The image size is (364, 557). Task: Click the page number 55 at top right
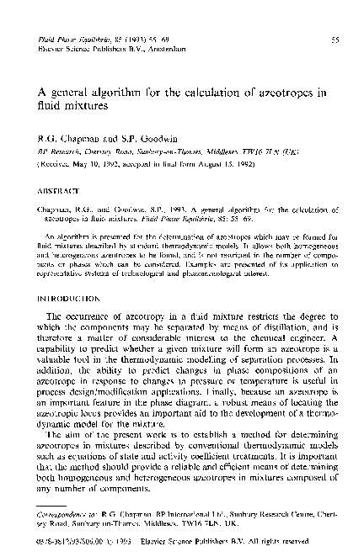(335, 39)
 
